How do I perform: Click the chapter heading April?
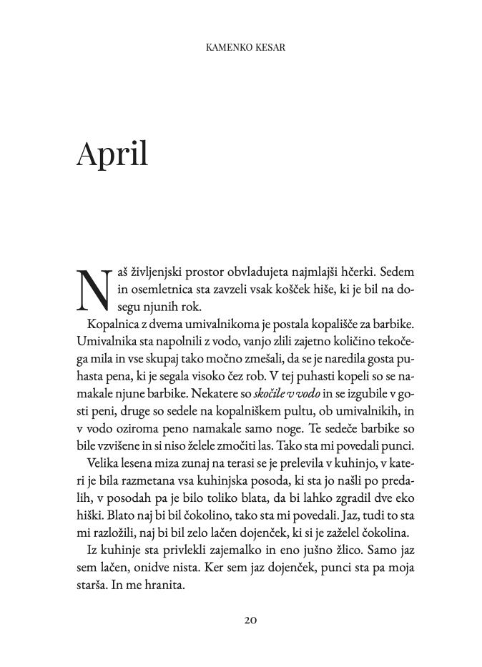coord(112,153)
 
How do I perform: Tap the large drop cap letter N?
coord(94,290)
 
